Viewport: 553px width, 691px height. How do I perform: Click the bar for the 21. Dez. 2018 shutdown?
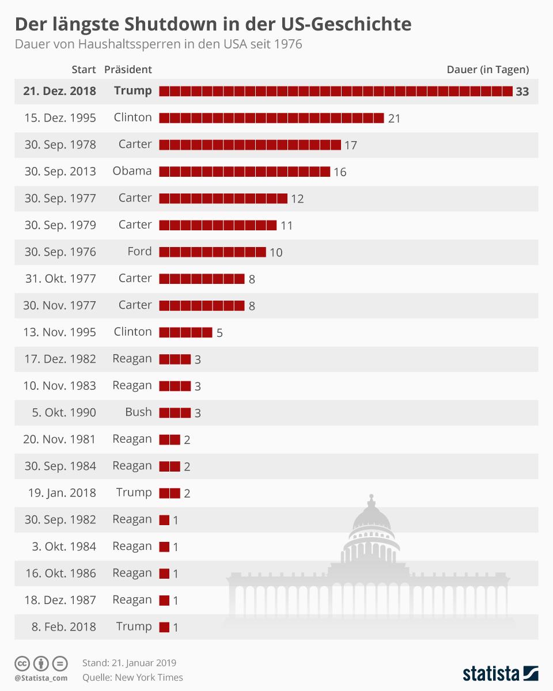click(335, 91)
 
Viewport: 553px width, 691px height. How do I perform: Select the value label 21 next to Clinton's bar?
click(394, 119)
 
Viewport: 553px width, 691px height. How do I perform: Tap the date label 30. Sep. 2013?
click(60, 172)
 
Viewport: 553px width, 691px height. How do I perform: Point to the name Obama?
click(132, 171)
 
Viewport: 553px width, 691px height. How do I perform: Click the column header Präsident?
click(128, 70)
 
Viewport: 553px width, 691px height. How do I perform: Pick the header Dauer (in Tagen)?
click(487, 70)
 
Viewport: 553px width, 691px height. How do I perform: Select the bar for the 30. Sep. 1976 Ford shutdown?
click(212, 252)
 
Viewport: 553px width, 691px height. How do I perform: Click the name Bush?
click(138, 412)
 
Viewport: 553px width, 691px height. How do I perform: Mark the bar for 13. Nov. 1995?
click(185, 332)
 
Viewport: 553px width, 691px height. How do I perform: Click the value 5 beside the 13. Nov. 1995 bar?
click(219, 333)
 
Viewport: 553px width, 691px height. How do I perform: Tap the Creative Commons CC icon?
click(22, 663)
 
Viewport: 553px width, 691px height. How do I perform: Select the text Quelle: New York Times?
click(132, 678)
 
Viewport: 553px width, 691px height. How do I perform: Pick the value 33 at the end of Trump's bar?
click(522, 92)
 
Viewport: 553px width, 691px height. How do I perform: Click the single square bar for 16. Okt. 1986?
click(164, 574)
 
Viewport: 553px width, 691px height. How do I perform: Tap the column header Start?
click(84, 70)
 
